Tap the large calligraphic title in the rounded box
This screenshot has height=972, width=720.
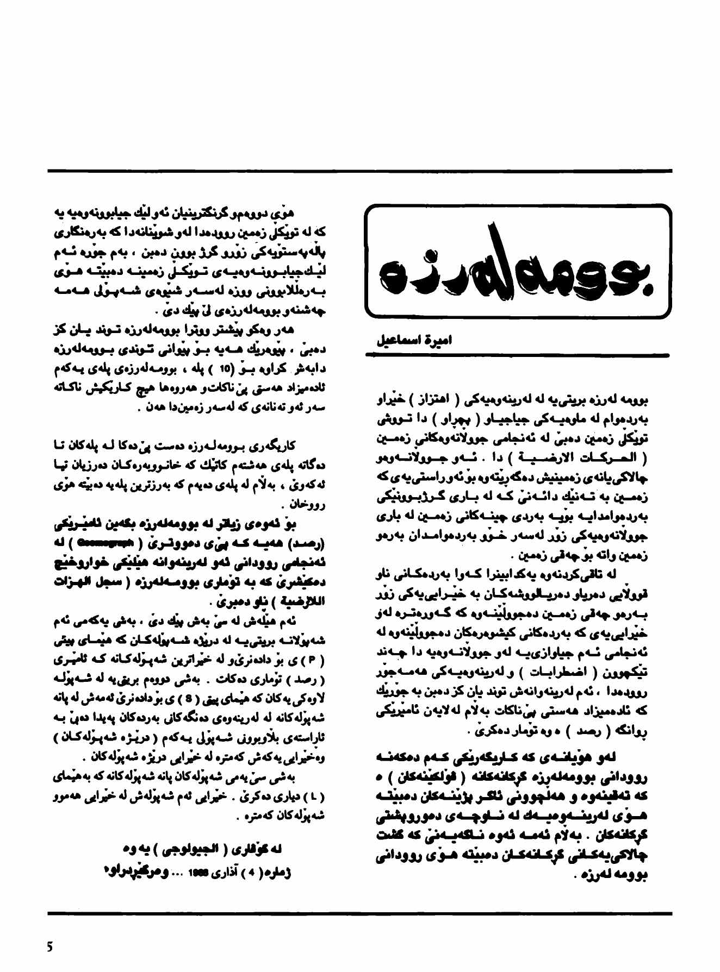coord(517,261)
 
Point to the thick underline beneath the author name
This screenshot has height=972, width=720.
coord(517,355)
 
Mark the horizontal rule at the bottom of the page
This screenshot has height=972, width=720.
coord(359,912)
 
